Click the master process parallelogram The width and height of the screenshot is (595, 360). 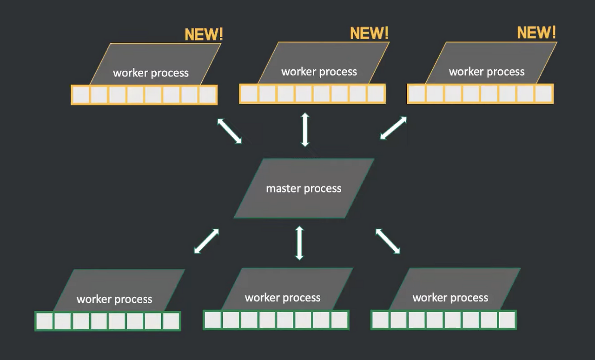[304, 188]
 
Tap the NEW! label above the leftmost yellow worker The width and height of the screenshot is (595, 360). [204, 34]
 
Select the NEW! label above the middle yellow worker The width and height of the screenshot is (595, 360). [369, 33]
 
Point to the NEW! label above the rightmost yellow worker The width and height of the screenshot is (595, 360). [536, 33]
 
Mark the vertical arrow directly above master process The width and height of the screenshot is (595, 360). [305, 129]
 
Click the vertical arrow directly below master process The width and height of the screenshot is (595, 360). [299, 243]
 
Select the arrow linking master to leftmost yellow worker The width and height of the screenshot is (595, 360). [230, 131]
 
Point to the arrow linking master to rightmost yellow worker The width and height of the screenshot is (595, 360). [393, 128]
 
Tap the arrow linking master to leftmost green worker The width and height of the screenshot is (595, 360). [206, 241]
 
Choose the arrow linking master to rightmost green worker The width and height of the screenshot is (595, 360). [388, 241]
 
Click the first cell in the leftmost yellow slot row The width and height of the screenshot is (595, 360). [81, 95]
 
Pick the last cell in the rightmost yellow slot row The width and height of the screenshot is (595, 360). [543, 93]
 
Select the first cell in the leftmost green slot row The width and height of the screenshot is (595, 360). [45, 321]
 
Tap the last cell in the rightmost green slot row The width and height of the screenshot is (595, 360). [507, 320]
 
